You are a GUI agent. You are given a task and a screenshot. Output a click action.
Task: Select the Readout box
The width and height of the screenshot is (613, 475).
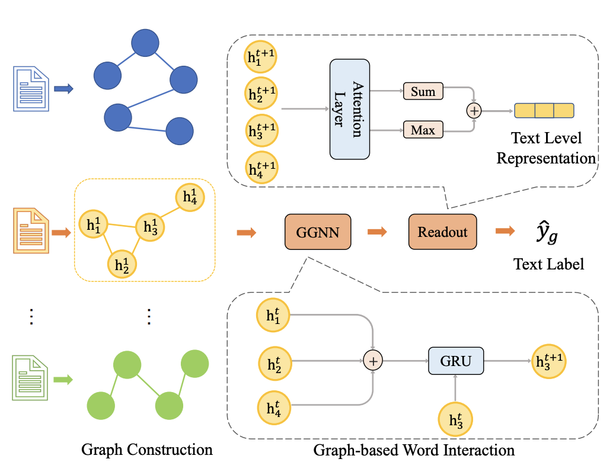pos(442,232)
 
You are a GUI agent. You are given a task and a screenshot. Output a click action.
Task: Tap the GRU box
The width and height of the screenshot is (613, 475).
pos(456,360)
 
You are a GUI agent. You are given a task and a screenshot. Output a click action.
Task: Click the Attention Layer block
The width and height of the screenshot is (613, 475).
pos(350,109)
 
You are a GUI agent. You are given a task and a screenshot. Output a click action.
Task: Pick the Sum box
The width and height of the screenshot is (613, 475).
pos(423,92)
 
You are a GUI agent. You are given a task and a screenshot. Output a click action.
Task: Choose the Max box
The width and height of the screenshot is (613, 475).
pos(423,129)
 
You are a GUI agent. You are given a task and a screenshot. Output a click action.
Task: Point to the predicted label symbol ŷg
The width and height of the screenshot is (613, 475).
pos(542,235)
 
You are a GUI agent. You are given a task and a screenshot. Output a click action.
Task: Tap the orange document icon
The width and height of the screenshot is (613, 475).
pos(29,231)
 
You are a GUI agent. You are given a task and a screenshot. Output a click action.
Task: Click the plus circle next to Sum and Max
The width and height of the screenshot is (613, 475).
pos(474,110)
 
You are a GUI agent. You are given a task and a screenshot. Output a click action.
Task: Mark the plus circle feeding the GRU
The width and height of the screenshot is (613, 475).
pos(373,360)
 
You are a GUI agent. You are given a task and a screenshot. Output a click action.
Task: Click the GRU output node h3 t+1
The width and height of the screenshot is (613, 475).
pos(548,360)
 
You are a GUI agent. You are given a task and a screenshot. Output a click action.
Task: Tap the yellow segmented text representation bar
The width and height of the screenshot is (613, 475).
pos(544,111)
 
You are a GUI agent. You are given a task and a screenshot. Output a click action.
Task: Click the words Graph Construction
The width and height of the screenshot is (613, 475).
pos(146,450)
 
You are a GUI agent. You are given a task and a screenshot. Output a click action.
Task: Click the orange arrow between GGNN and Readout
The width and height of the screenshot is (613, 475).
pos(377,232)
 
